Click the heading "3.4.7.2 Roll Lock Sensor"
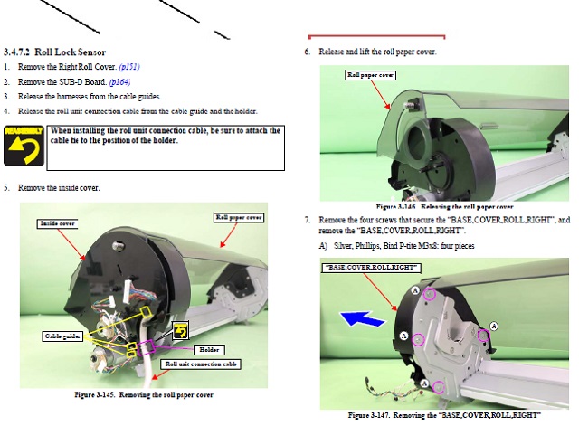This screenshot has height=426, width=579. tap(55, 52)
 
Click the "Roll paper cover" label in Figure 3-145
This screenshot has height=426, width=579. tap(238, 217)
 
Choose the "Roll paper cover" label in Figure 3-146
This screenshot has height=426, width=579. tap(371, 75)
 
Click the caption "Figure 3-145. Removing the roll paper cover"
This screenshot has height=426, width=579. tap(144, 395)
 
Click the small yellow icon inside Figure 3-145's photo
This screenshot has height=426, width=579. tap(180, 332)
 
